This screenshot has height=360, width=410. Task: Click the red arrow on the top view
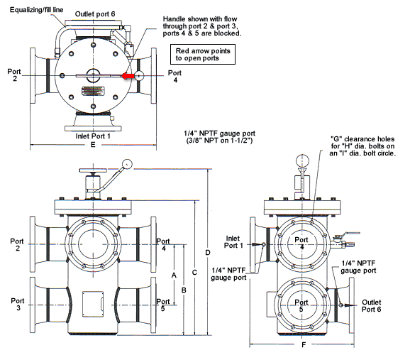[x=128, y=75]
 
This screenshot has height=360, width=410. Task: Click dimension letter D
[x=207, y=253]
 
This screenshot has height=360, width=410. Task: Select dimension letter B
[x=183, y=290]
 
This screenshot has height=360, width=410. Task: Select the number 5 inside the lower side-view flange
[x=301, y=310]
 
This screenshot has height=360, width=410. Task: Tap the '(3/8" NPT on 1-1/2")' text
[x=216, y=142]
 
